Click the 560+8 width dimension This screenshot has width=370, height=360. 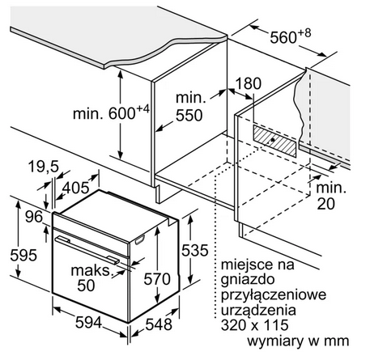click(x=291, y=36)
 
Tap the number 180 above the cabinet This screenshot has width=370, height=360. click(x=249, y=83)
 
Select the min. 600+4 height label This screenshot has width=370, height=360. click(x=111, y=112)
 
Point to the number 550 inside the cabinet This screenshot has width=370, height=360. click(x=189, y=116)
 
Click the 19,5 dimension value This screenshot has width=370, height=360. click(x=44, y=167)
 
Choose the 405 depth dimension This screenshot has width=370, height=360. click(x=75, y=188)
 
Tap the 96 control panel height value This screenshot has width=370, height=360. click(x=34, y=217)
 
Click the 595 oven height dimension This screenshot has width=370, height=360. click(x=23, y=255)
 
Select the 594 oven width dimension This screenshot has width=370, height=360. click(x=88, y=322)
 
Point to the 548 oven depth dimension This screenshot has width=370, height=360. click(x=159, y=324)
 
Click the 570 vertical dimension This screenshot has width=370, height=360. click(x=157, y=279)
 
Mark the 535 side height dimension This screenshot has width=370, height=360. click(x=195, y=250)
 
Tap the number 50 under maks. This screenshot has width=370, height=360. click(x=86, y=286)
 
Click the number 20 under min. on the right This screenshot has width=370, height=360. click(x=325, y=204)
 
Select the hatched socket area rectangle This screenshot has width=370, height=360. click(x=274, y=141)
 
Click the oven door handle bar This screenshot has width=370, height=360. click(x=87, y=249)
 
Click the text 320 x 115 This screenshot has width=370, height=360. click(x=255, y=324)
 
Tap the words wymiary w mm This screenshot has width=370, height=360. click(x=298, y=341)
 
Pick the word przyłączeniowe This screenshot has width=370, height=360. click(x=274, y=294)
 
